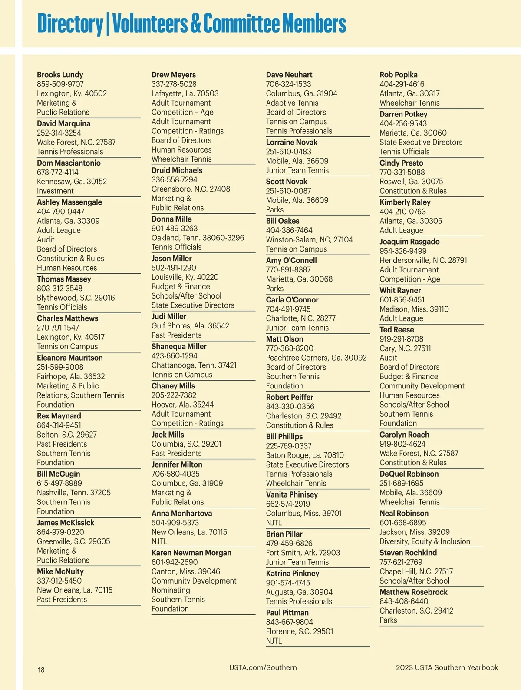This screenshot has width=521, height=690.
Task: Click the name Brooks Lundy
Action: pyautogui.click(x=60, y=75)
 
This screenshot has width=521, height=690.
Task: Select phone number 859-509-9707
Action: pyautogui.click(x=60, y=84)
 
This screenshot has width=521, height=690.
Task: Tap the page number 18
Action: pyautogui.click(x=41, y=670)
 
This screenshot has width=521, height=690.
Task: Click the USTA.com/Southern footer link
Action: pyautogui.click(x=263, y=667)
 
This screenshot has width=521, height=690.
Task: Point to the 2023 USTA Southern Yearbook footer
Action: pyautogui.click(x=447, y=667)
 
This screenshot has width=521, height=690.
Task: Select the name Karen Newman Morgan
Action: pyautogui.click(x=191, y=553)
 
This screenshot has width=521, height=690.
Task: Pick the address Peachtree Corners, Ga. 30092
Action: pyautogui.click(x=316, y=358)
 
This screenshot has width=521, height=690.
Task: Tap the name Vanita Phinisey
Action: pyautogui.click(x=292, y=494)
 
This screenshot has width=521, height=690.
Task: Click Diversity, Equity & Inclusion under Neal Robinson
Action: pyautogui.click(x=425, y=541)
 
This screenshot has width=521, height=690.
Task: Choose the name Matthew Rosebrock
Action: pyautogui.click(x=413, y=592)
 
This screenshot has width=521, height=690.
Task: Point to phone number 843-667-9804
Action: pyautogui.click(x=290, y=622)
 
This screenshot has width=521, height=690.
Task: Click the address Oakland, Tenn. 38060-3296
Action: pyautogui.click(x=198, y=238)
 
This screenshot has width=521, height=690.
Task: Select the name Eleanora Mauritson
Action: pyautogui.click(x=70, y=358)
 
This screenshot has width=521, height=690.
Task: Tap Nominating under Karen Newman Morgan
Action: pyautogui.click(x=171, y=590)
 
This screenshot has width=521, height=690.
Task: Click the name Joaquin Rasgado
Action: pyautogui.click(x=409, y=242)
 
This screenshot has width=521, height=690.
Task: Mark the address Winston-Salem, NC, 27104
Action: pyautogui.click(x=310, y=239)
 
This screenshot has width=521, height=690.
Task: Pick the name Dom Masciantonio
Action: pyautogui.click(x=69, y=163)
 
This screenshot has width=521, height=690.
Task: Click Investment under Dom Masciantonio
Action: pyautogui.click(x=55, y=191)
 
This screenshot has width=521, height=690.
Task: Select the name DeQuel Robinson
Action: pyautogui.click(x=409, y=474)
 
